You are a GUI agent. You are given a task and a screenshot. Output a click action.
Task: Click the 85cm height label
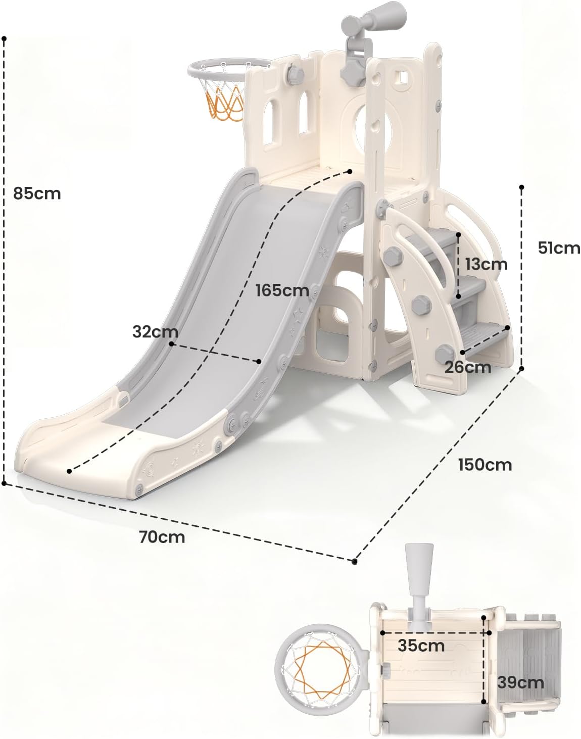point(37,193)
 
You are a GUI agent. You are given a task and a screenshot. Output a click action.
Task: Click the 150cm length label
point(485,465)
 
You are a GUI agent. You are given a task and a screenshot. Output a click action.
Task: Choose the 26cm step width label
point(468,367)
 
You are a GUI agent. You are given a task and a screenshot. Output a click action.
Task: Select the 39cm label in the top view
point(520,682)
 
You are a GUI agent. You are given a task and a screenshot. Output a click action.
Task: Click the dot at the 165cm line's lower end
point(69,471)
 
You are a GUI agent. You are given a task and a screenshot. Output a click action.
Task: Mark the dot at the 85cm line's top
point(4,39)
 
